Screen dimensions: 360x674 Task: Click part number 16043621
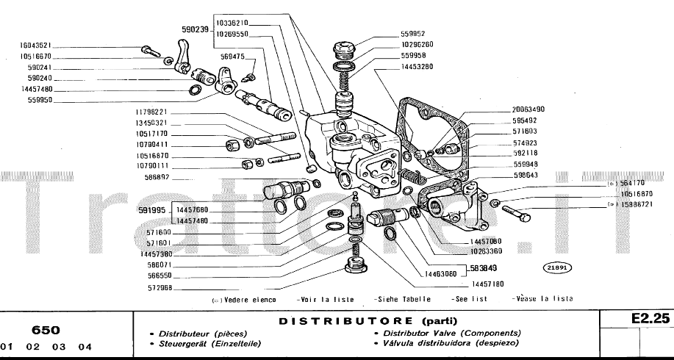click(35, 45)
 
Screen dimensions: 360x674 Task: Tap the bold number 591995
click(154, 211)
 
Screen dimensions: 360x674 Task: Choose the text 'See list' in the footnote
click(470, 299)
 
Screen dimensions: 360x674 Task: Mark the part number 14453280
click(417, 66)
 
